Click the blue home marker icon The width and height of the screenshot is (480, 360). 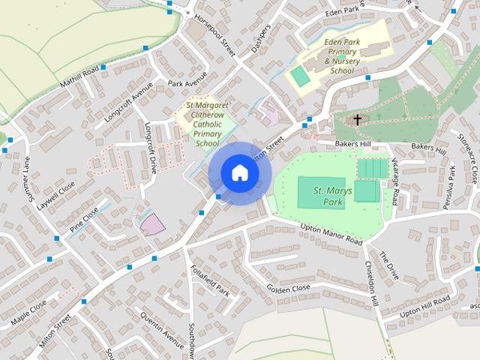point(239,173)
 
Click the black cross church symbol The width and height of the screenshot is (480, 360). point(358,119)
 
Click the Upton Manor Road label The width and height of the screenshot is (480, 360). point(331,233)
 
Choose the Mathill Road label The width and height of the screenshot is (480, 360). point(80,74)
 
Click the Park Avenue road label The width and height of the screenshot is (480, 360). point(187,83)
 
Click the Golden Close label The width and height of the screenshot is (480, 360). point(288,289)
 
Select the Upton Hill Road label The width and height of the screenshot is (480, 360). point(425,306)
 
